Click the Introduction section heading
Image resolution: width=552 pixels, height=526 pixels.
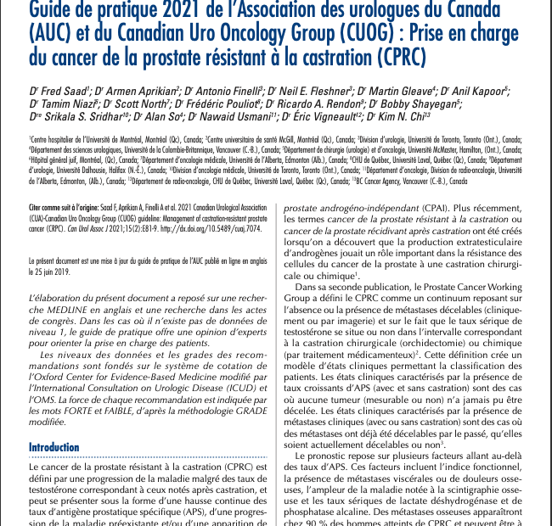pyautogui.click(x=54, y=447)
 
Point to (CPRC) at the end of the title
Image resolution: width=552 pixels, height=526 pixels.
pyautogui.click(x=395, y=59)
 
